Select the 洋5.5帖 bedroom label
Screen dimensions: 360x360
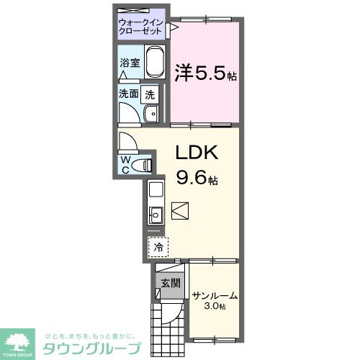pyautogui.click(x=206, y=73)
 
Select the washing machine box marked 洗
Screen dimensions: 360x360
pyautogui.click(x=149, y=93)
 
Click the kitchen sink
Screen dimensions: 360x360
pyautogui.click(x=156, y=213)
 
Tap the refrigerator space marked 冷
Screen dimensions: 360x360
pyautogui.click(x=158, y=246)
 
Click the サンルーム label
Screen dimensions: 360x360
pyautogui.click(x=215, y=296)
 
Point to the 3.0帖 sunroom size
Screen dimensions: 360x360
pyautogui.click(x=215, y=307)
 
